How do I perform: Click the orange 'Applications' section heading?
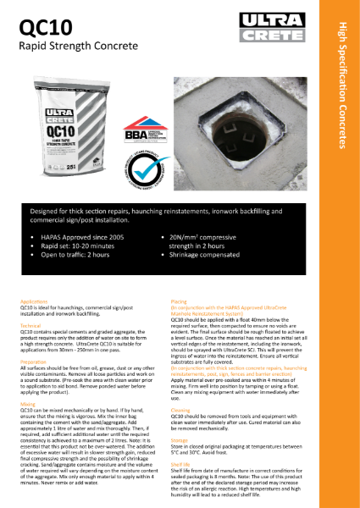33,301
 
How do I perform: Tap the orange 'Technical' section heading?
30,324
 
